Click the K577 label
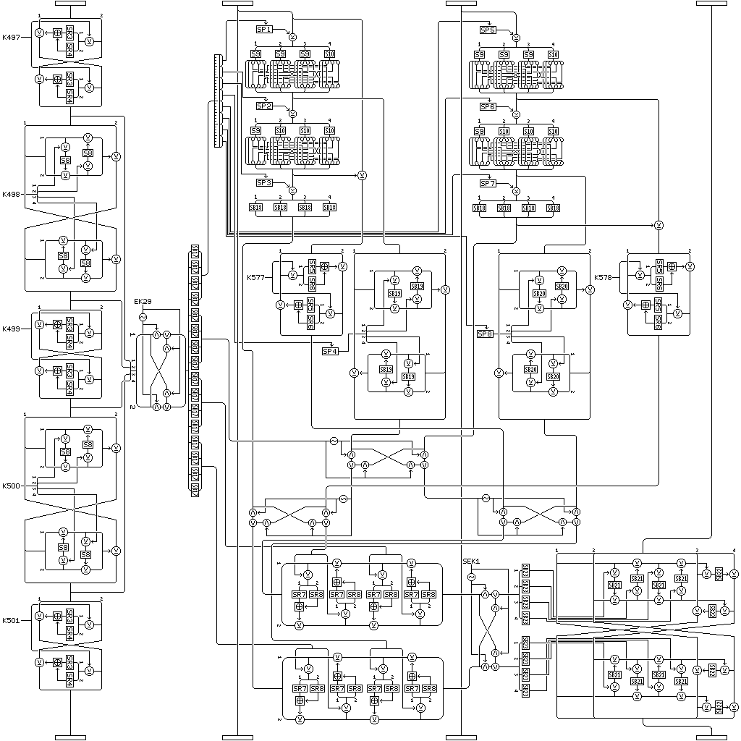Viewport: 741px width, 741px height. coord(255,277)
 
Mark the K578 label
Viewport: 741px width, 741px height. coord(603,277)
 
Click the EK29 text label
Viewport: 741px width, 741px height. coord(142,301)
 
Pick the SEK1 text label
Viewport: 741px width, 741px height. coord(471,562)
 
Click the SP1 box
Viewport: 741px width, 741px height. coord(264,30)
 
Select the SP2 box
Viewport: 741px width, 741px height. coord(264,106)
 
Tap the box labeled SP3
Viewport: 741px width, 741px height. coord(264,183)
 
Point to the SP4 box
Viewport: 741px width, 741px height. coord(330,352)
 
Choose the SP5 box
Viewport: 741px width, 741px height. coord(487,30)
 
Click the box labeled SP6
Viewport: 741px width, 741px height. coord(487,106)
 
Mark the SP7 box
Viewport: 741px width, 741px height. coord(487,183)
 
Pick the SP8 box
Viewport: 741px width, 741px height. coord(484,334)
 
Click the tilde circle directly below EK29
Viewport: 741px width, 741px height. coord(143,317)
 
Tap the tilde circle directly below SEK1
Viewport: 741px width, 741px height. coord(471,577)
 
